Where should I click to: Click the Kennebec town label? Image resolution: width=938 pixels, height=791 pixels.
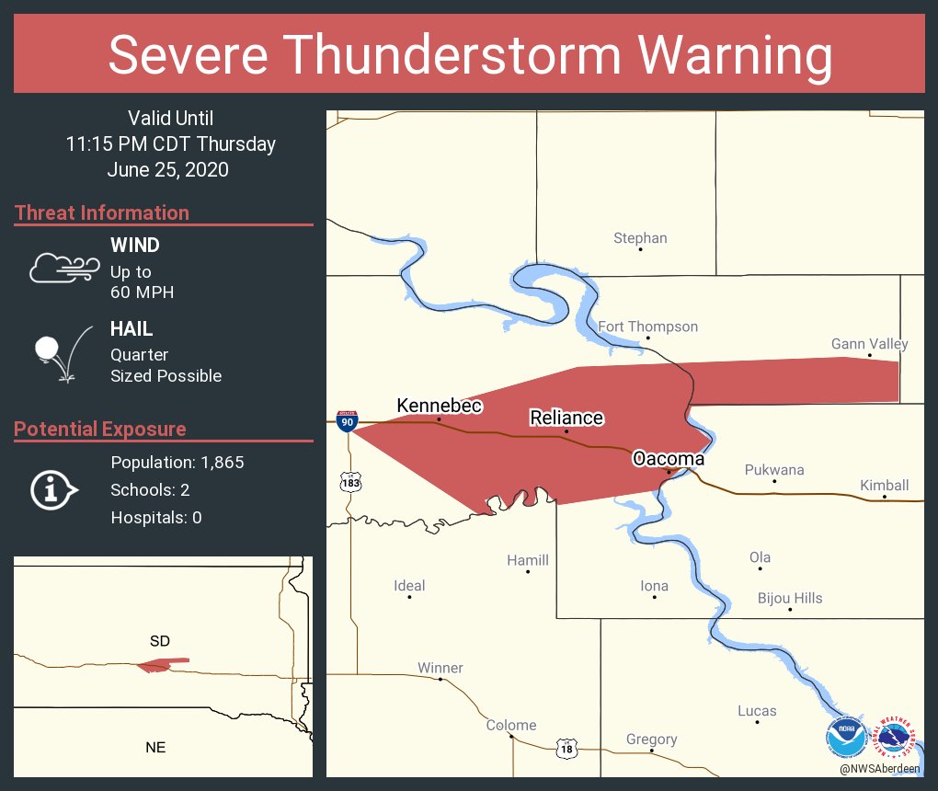click(x=439, y=406)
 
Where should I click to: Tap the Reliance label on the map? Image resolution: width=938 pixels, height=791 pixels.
click(x=566, y=418)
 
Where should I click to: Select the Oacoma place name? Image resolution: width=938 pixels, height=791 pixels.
click(x=668, y=459)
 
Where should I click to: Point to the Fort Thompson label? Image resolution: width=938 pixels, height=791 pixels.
click(x=647, y=327)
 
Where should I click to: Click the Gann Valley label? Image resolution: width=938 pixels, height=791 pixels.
click(x=869, y=344)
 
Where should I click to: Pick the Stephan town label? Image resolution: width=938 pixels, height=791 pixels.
click(x=640, y=238)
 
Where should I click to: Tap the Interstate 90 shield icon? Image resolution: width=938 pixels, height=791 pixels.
click(x=347, y=421)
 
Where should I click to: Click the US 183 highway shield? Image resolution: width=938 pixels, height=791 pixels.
click(x=349, y=480)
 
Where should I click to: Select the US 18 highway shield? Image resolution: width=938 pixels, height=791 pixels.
click(x=566, y=749)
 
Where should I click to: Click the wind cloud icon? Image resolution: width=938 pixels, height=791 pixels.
click(x=63, y=267)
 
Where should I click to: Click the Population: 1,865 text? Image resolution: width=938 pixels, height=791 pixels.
click(x=177, y=463)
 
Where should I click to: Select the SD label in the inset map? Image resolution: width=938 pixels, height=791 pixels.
click(x=160, y=640)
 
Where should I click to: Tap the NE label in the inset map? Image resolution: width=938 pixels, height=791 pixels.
click(x=155, y=747)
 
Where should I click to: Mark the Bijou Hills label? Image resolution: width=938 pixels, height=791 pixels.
click(x=790, y=598)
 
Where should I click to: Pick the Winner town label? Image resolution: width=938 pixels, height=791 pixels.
click(x=440, y=668)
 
